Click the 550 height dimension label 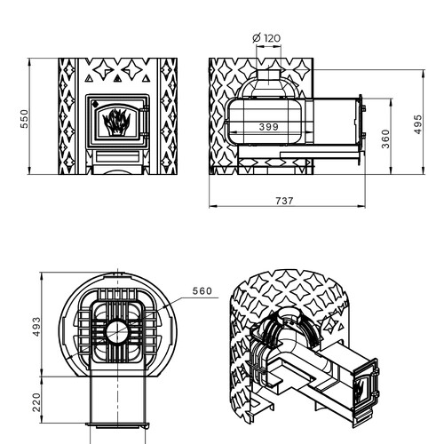coord(24,119)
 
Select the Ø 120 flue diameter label coord(266,38)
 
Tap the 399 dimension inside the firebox coord(269,127)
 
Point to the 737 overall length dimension coord(284,201)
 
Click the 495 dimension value coord(417,124)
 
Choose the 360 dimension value coord(385,139)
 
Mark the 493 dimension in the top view coord(36,327)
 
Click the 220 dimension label coord(36,402)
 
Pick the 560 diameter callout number coord(202,291)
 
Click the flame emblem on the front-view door coord(116,123)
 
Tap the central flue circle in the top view coord(117,331)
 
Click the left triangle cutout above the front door coord(89,78)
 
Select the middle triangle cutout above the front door coord(117,78)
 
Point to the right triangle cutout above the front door coord(146,78)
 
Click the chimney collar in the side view coord(268,75)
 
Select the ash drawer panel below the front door coord(117,156)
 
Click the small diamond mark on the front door coord(95,104)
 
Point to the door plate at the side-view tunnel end coord(361,130)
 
